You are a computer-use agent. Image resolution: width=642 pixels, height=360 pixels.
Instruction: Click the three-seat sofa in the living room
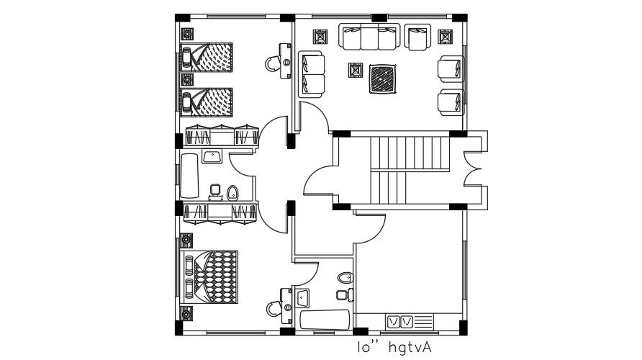click(369, 37)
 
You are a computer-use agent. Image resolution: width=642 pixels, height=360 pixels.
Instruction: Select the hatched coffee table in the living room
click(382, 78)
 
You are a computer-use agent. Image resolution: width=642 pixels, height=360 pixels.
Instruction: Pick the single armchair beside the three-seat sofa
click(417, 37)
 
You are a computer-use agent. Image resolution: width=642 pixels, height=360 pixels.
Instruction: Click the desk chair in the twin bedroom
click(275, 63)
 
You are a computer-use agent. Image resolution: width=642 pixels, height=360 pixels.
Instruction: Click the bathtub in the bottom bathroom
click(325, 321)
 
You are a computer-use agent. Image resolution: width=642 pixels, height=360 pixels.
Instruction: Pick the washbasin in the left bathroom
click(212, 157)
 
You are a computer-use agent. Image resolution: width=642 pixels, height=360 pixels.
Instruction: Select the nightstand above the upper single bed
click(187, 34)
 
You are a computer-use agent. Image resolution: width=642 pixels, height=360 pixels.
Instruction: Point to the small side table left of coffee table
click(355, 71)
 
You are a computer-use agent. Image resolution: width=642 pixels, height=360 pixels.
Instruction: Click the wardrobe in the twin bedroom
click(221, 135)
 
